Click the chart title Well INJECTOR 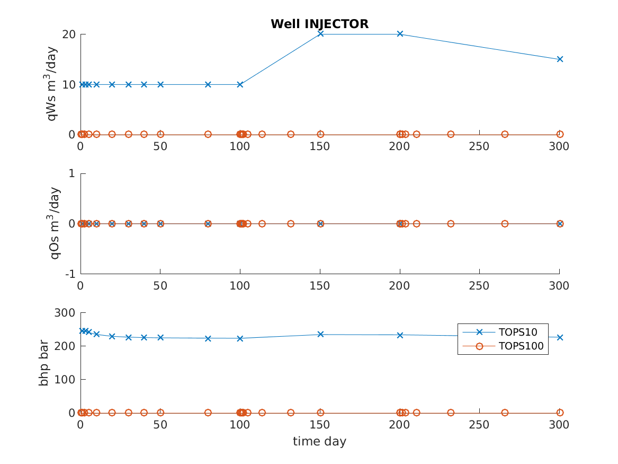pos(319,24)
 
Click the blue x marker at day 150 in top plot pos(320,34)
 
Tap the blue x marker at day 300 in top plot pos(560,59)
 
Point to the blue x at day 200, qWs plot pos(400,34)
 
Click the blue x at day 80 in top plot pos(208,84)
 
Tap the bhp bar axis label pos(44,363)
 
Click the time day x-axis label pos(319,441)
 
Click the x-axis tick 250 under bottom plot pos(479,425)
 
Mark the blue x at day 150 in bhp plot pos(320,334)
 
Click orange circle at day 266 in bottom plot pos(505,413)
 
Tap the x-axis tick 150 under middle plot pos(320,286)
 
